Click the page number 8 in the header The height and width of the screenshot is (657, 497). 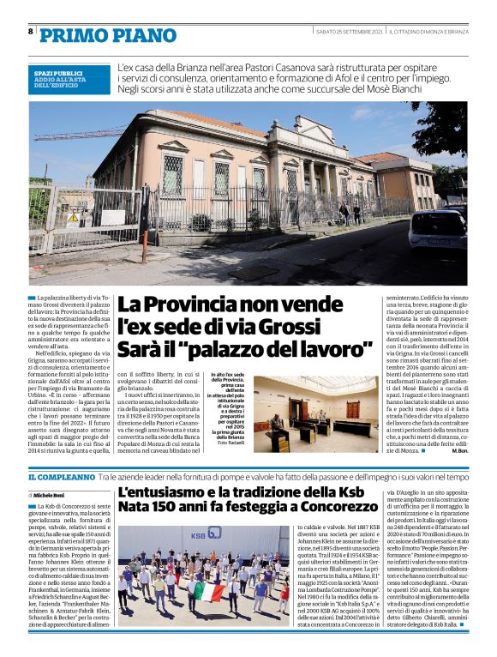pyautogui.click(x=31, y=31)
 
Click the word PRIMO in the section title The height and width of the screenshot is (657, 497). pyautogui.click(x=69, y=33)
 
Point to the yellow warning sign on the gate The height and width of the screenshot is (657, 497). pyautogui.click(x=74, y=218)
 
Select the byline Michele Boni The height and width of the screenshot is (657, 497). pyautogui.click(x=51, y=496)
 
